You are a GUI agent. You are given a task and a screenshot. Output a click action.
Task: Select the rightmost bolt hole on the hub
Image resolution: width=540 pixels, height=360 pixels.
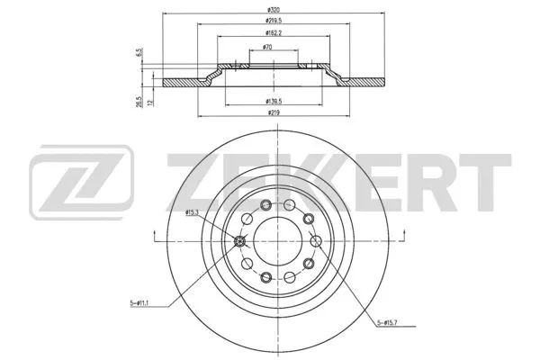coord(316,240)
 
